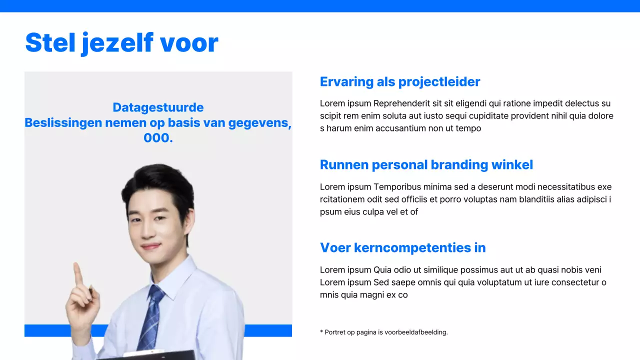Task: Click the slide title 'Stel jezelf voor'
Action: coord(121,43)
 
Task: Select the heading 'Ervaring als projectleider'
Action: coord(399,82)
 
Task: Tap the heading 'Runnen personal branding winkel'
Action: coord(426,165)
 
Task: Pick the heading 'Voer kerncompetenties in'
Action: coord(402,248)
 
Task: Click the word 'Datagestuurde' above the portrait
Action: coord(158,107)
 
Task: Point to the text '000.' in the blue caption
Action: coord(158,138)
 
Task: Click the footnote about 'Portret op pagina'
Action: coord(384,332)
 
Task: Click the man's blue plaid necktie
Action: coord(150,320)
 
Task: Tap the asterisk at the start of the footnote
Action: coord(321,332)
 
